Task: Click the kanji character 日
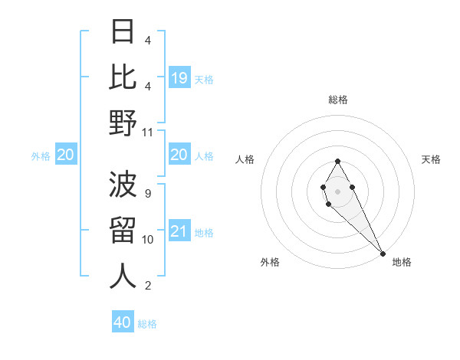123,32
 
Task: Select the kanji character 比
123,77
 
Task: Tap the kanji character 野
123,123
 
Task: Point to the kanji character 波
123,185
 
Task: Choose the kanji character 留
123,231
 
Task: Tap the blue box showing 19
179,77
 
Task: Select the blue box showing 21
179,231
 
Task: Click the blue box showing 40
123,322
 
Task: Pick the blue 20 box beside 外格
66,155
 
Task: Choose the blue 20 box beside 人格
179,155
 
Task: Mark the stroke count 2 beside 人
147,286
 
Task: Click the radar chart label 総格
337,100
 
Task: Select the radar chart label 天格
431,159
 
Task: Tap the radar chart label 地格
402,262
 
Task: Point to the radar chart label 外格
270,262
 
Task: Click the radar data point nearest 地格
383,253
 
